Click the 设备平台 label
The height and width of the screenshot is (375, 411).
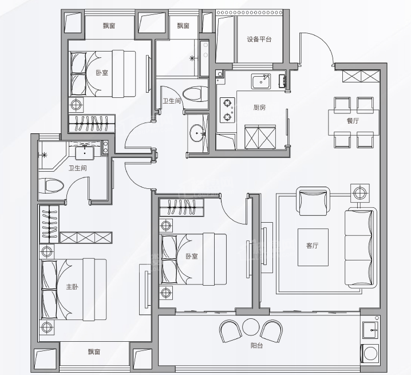click(x=259, y=40)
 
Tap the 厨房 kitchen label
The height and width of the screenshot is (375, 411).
click(x=259, y=107)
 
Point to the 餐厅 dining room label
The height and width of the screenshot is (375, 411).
click(x=353, y=121)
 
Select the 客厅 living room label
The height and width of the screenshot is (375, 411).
click(x=312, y=246)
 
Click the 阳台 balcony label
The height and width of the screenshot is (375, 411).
click(x=256, y=346)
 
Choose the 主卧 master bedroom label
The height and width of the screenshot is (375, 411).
click(x=72, y=287)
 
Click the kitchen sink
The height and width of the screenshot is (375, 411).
click(x=261, y=81)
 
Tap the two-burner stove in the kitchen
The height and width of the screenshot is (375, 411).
click(x=227, y=110)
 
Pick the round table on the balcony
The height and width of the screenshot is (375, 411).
click(x=251, y=327)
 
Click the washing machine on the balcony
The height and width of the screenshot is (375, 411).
click(x=370, y=353)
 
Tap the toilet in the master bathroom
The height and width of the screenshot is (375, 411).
click(x=52, y=186)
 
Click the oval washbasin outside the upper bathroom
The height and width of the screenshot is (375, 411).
click(x=197, y=133)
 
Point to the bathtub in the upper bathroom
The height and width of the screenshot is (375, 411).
click(x=204, y=58)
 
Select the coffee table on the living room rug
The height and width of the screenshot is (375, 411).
click(x=313, y=247)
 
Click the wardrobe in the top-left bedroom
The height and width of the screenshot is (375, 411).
click(x=92, y=123)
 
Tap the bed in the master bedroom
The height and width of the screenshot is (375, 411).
click(x=73, y=290)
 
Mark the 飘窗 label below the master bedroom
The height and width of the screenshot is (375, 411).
click(x=94, y=352)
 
